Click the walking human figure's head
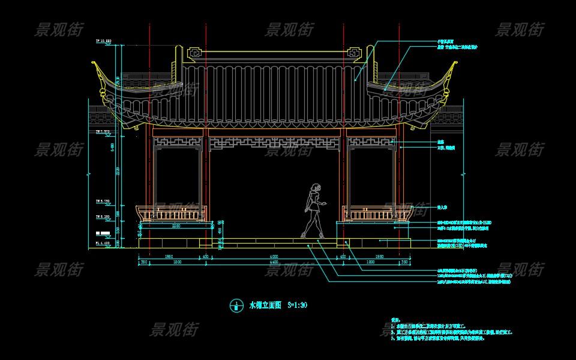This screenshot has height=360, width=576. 314,188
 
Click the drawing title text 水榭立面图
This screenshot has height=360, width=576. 265,305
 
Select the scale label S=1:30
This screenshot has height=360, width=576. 298,305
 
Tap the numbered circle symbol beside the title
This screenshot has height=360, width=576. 236,305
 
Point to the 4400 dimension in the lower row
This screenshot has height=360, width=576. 274,263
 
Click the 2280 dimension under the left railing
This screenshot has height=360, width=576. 176,226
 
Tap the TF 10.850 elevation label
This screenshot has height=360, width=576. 104,41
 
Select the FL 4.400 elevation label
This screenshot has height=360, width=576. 103,244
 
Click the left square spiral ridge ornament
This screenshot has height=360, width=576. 195,53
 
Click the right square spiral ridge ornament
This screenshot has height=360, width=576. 354,53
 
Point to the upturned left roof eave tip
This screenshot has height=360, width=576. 95,64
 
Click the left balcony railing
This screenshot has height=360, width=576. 172,213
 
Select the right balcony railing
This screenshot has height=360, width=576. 376,213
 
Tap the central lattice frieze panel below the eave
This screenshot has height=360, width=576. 275,143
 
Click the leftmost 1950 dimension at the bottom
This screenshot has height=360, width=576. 169,257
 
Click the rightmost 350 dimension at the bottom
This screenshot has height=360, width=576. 404,263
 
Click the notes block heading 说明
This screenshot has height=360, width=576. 395,320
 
